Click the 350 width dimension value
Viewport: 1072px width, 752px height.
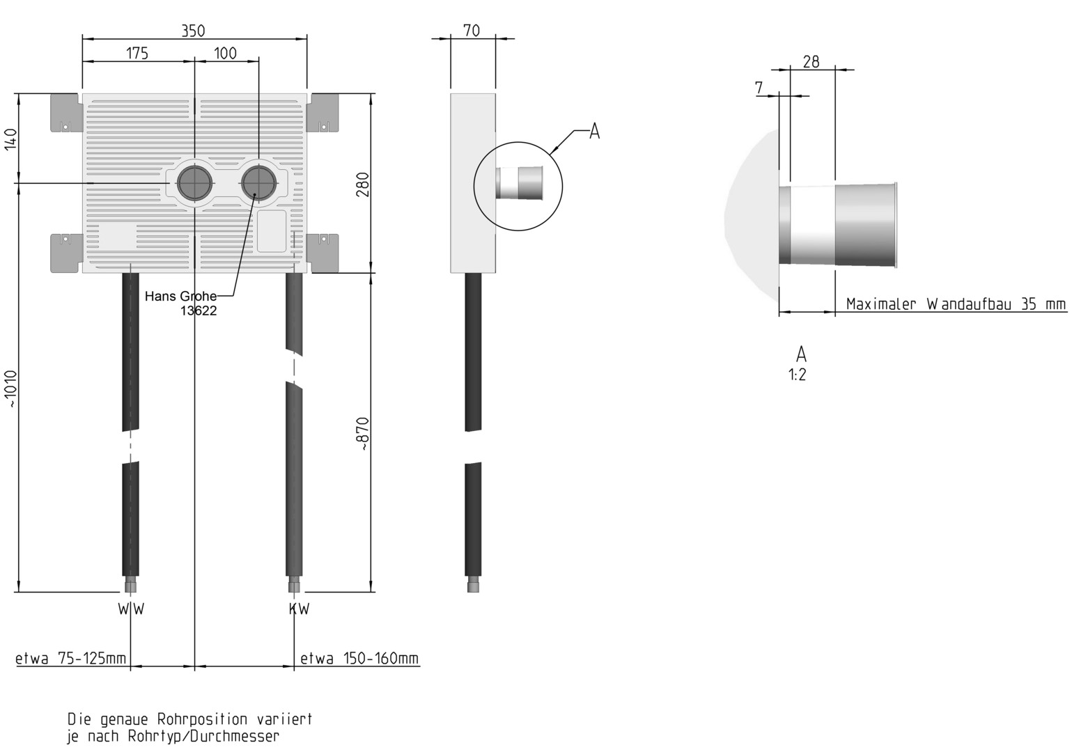(x=193, y=31)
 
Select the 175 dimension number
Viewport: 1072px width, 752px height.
(x=137, y=53)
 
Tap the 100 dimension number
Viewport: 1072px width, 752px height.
(x=225, y=53)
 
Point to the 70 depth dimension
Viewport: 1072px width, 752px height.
(x=472, y=31)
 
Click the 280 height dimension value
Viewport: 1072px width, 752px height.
(x=363, y=185)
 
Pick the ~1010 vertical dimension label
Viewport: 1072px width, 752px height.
(x=11, y=389)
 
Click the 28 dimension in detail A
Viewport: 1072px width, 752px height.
(x=811, y=62)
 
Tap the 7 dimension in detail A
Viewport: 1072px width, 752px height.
(x=759, y=88)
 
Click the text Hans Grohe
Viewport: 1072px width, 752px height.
(x=180, y=297)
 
